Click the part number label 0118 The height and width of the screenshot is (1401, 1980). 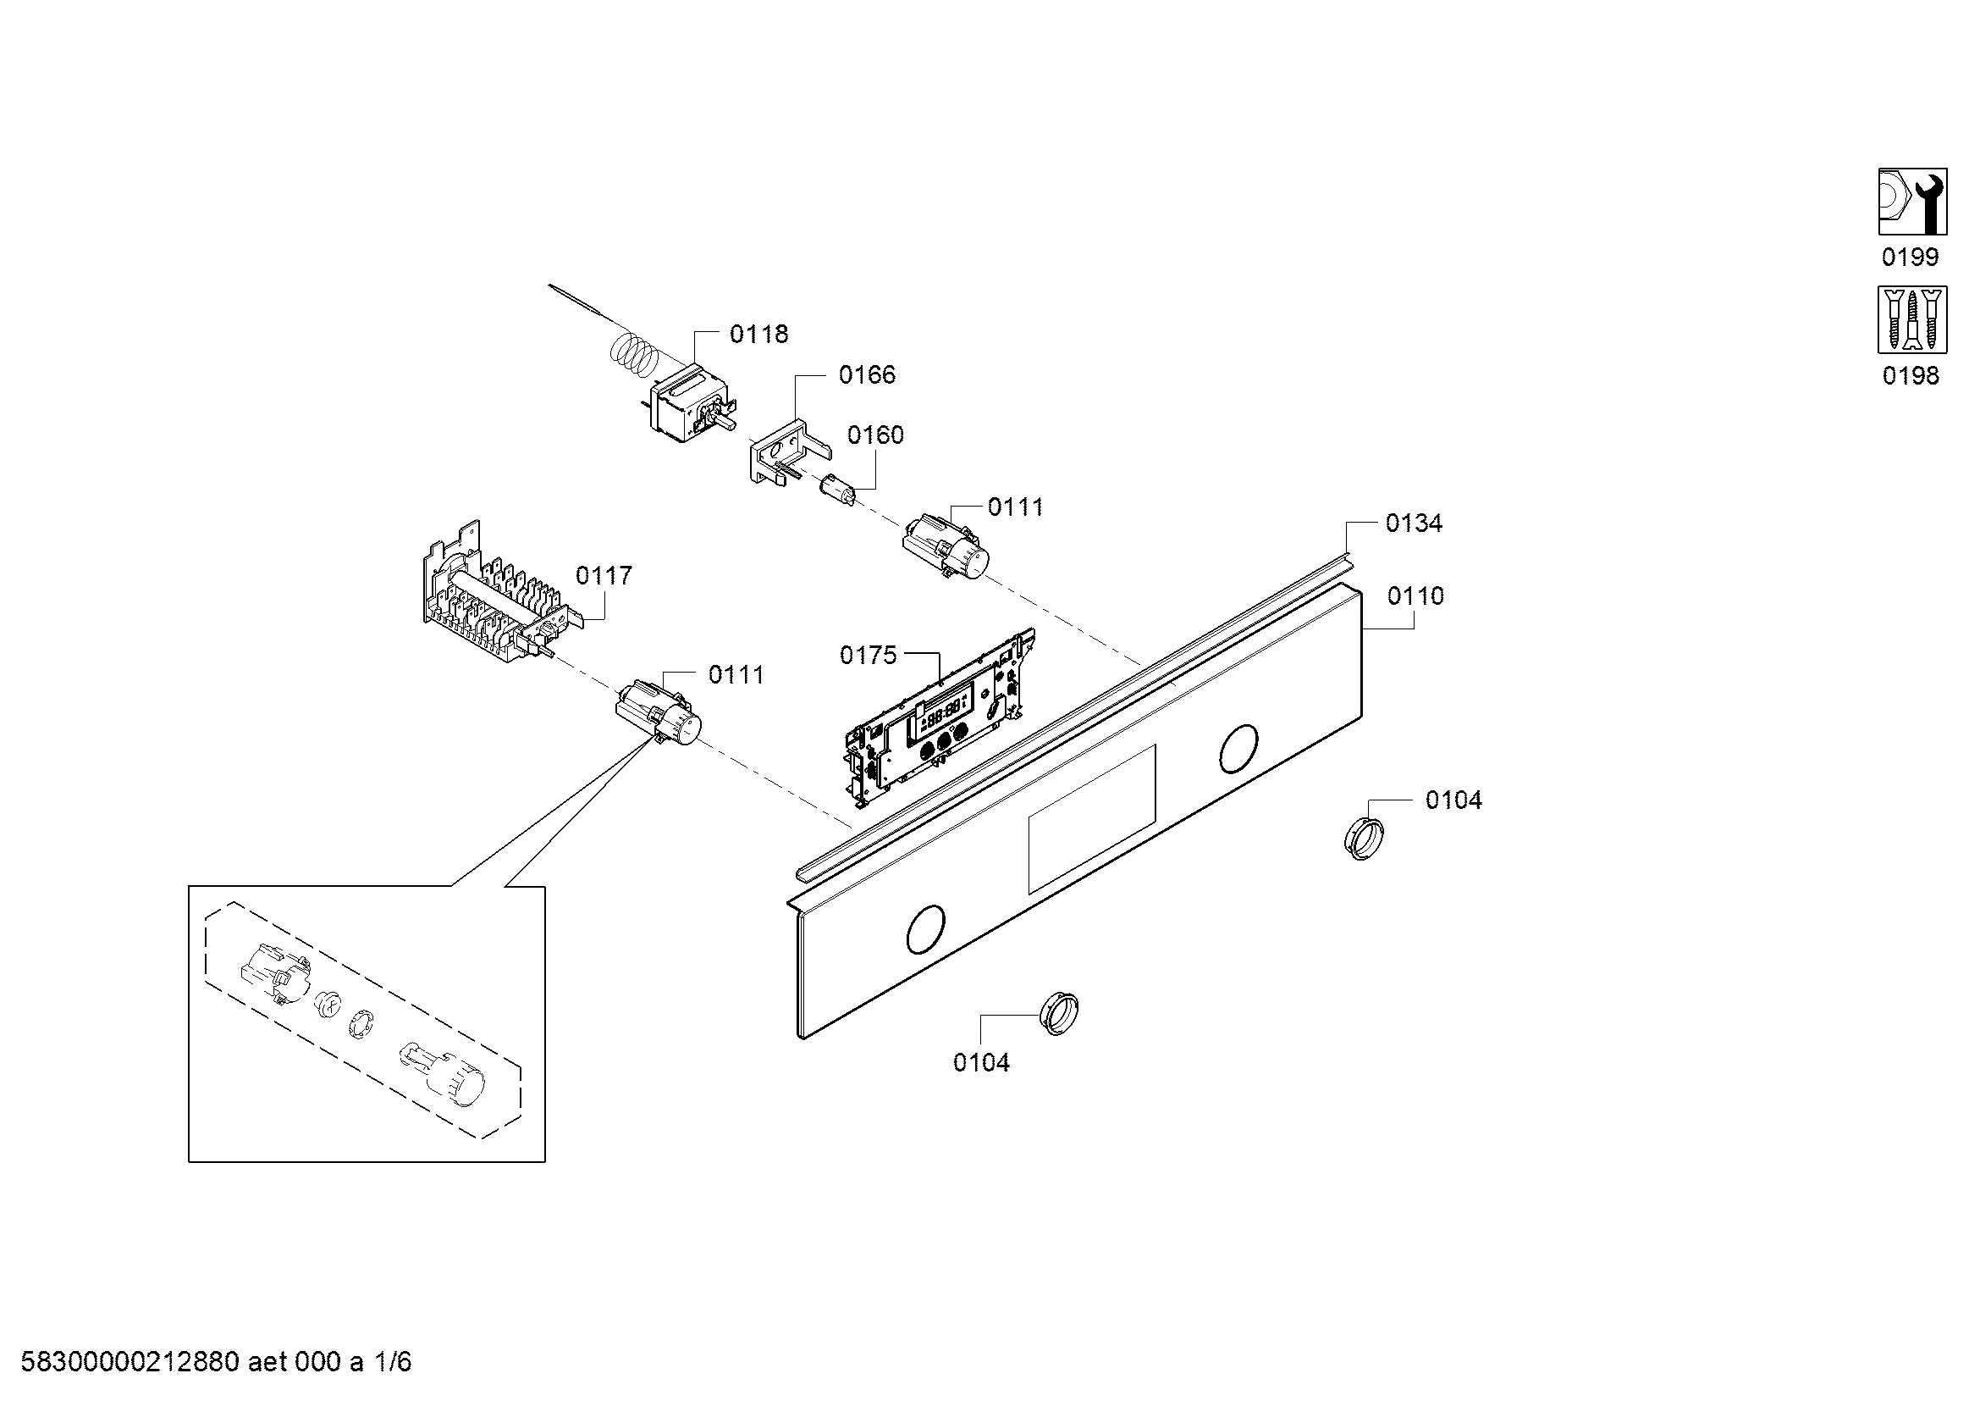(758, 334)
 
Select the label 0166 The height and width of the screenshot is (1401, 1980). (867, 374)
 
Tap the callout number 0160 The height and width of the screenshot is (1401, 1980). (875, 435)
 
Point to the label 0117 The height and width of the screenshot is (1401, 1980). (604, 575)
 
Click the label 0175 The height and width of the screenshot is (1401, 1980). (869, 656)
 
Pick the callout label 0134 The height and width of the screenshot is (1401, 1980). (1415, 523)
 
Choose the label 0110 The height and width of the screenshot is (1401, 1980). (1416, 596)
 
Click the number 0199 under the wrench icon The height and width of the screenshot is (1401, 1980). (1910, 257)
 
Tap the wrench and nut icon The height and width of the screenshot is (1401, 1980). (1913, 202)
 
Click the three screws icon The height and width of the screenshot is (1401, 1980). (1913, 320)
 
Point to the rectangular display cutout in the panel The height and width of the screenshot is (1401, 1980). (1092, 819)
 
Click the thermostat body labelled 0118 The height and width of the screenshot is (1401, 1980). (692, 406)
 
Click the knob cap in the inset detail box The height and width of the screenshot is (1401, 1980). (443, 1075)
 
